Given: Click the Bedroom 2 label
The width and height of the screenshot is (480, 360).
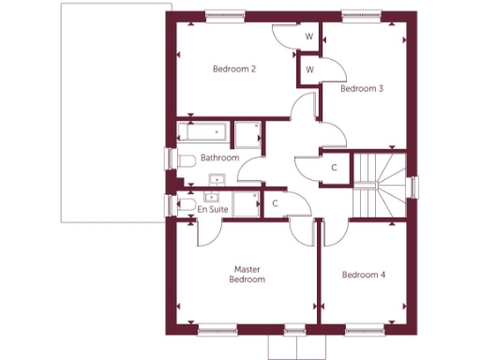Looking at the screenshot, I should [234, 69].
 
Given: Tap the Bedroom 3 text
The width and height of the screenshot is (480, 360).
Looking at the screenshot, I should [362, 89].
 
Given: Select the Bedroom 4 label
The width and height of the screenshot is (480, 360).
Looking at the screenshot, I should [364, 275].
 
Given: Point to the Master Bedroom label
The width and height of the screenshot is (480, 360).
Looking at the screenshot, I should [248, 274].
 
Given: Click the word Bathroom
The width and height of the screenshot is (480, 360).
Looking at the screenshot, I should [219, 158].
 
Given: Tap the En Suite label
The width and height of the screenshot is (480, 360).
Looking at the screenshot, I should [213, 210].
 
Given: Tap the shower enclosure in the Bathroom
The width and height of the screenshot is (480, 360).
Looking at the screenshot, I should [247, 134].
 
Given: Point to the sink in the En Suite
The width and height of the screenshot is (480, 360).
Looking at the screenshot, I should [211, 197].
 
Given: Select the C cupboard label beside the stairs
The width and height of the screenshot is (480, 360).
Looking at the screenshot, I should [334, 167].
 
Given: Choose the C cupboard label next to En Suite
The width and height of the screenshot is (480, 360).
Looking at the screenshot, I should [275, 202].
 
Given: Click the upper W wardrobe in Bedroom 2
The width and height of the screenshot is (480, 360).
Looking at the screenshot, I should [308, 38].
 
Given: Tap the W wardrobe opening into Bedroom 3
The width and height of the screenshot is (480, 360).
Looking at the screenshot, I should [308, 68].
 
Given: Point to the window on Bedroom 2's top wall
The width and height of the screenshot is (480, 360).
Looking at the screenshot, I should [222, 14].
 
